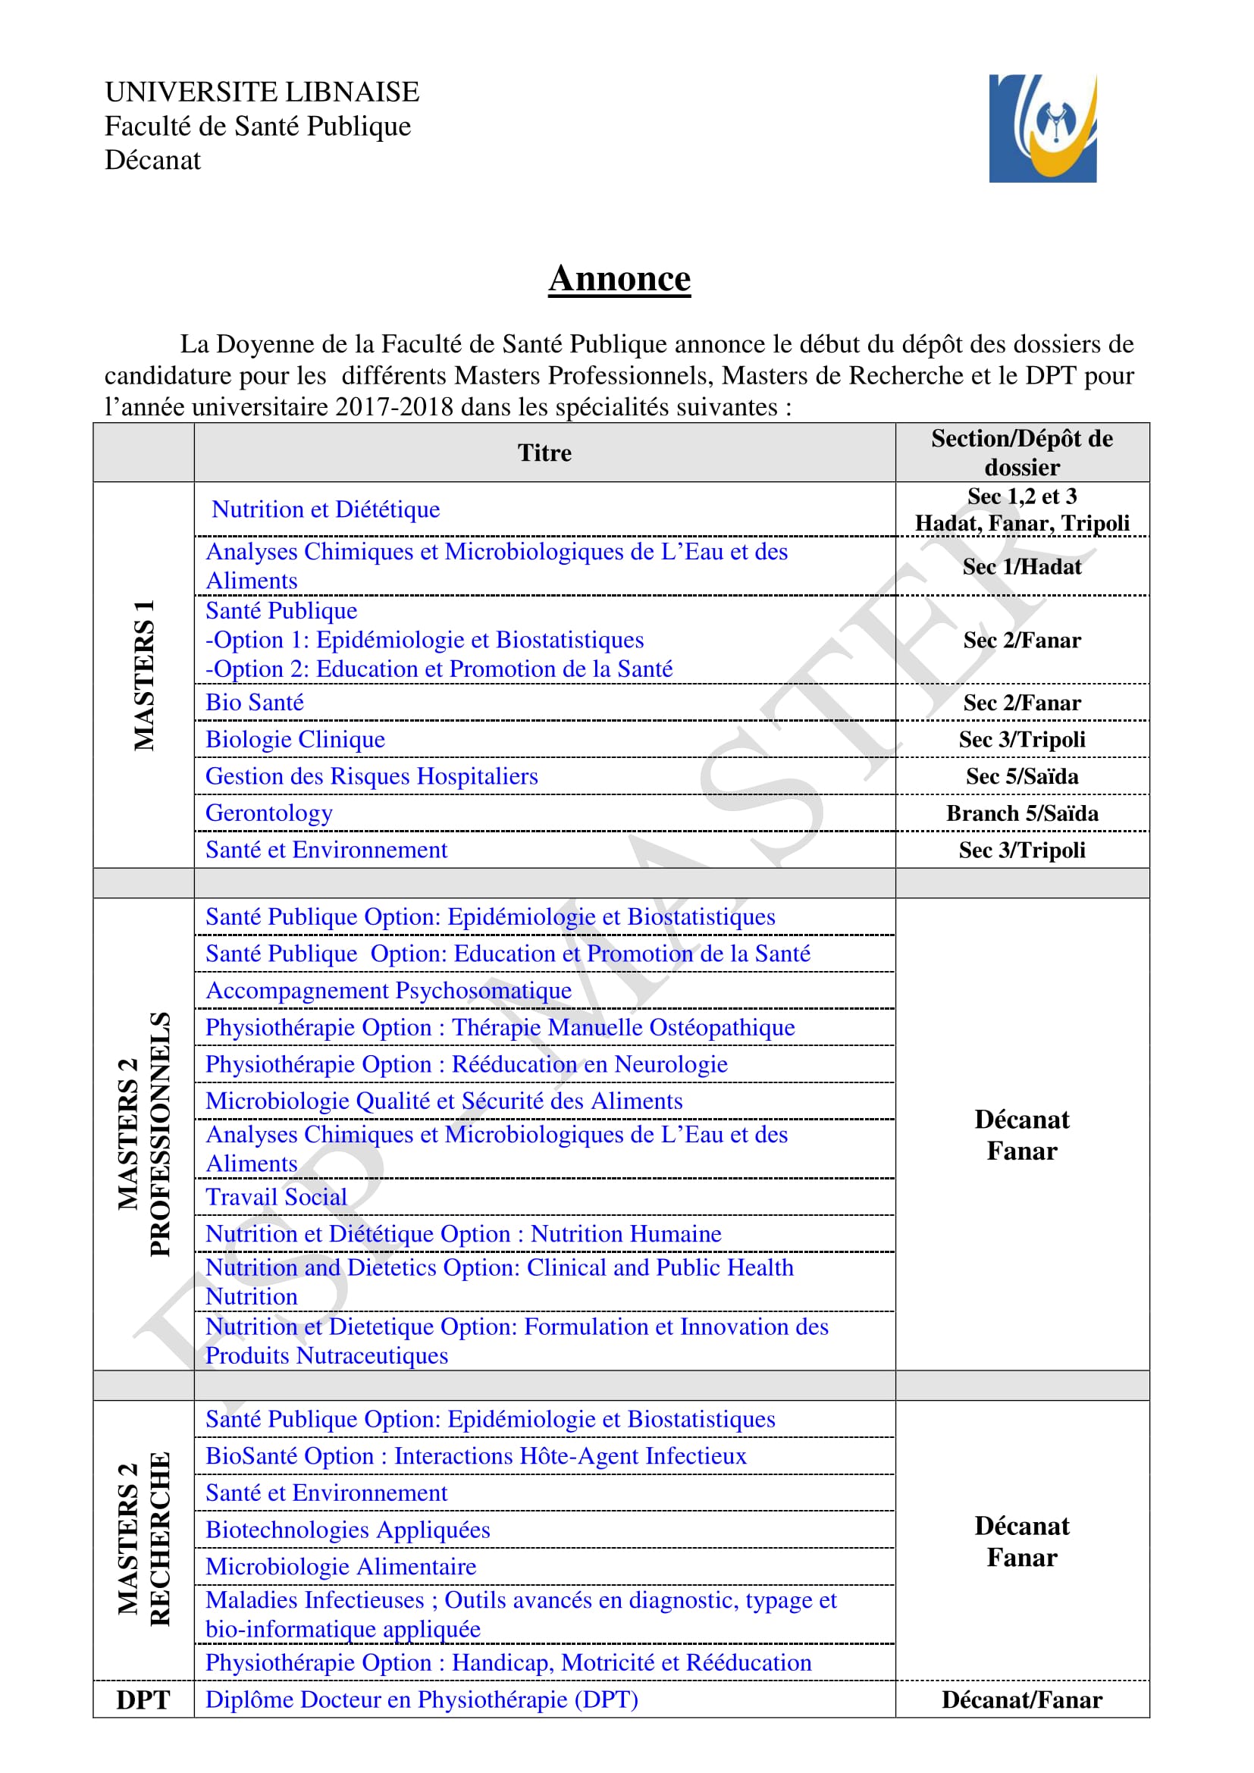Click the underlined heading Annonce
coord(619,279)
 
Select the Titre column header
coord(544,453)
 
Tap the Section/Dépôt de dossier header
coord(1021,453)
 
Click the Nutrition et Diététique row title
coord(326,509)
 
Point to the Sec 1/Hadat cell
coord(1021,567)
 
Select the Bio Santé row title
coord(255,703)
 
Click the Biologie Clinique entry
coord(295,740)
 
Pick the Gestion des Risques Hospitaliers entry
coord(371,776)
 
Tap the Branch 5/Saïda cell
coord(1021,813)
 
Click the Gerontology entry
coord(268,813)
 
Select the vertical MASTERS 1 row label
coord(144,675)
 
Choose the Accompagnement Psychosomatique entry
coord(388,991)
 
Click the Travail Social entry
coord(277,1197)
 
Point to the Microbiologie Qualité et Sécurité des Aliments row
coord(444,1101)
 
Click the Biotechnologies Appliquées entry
coord(347,1530)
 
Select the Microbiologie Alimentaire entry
coord(340,1567)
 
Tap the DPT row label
coord(143,1699)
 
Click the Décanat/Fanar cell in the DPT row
coord(1021,1699)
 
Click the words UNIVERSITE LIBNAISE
coord(262,92)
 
